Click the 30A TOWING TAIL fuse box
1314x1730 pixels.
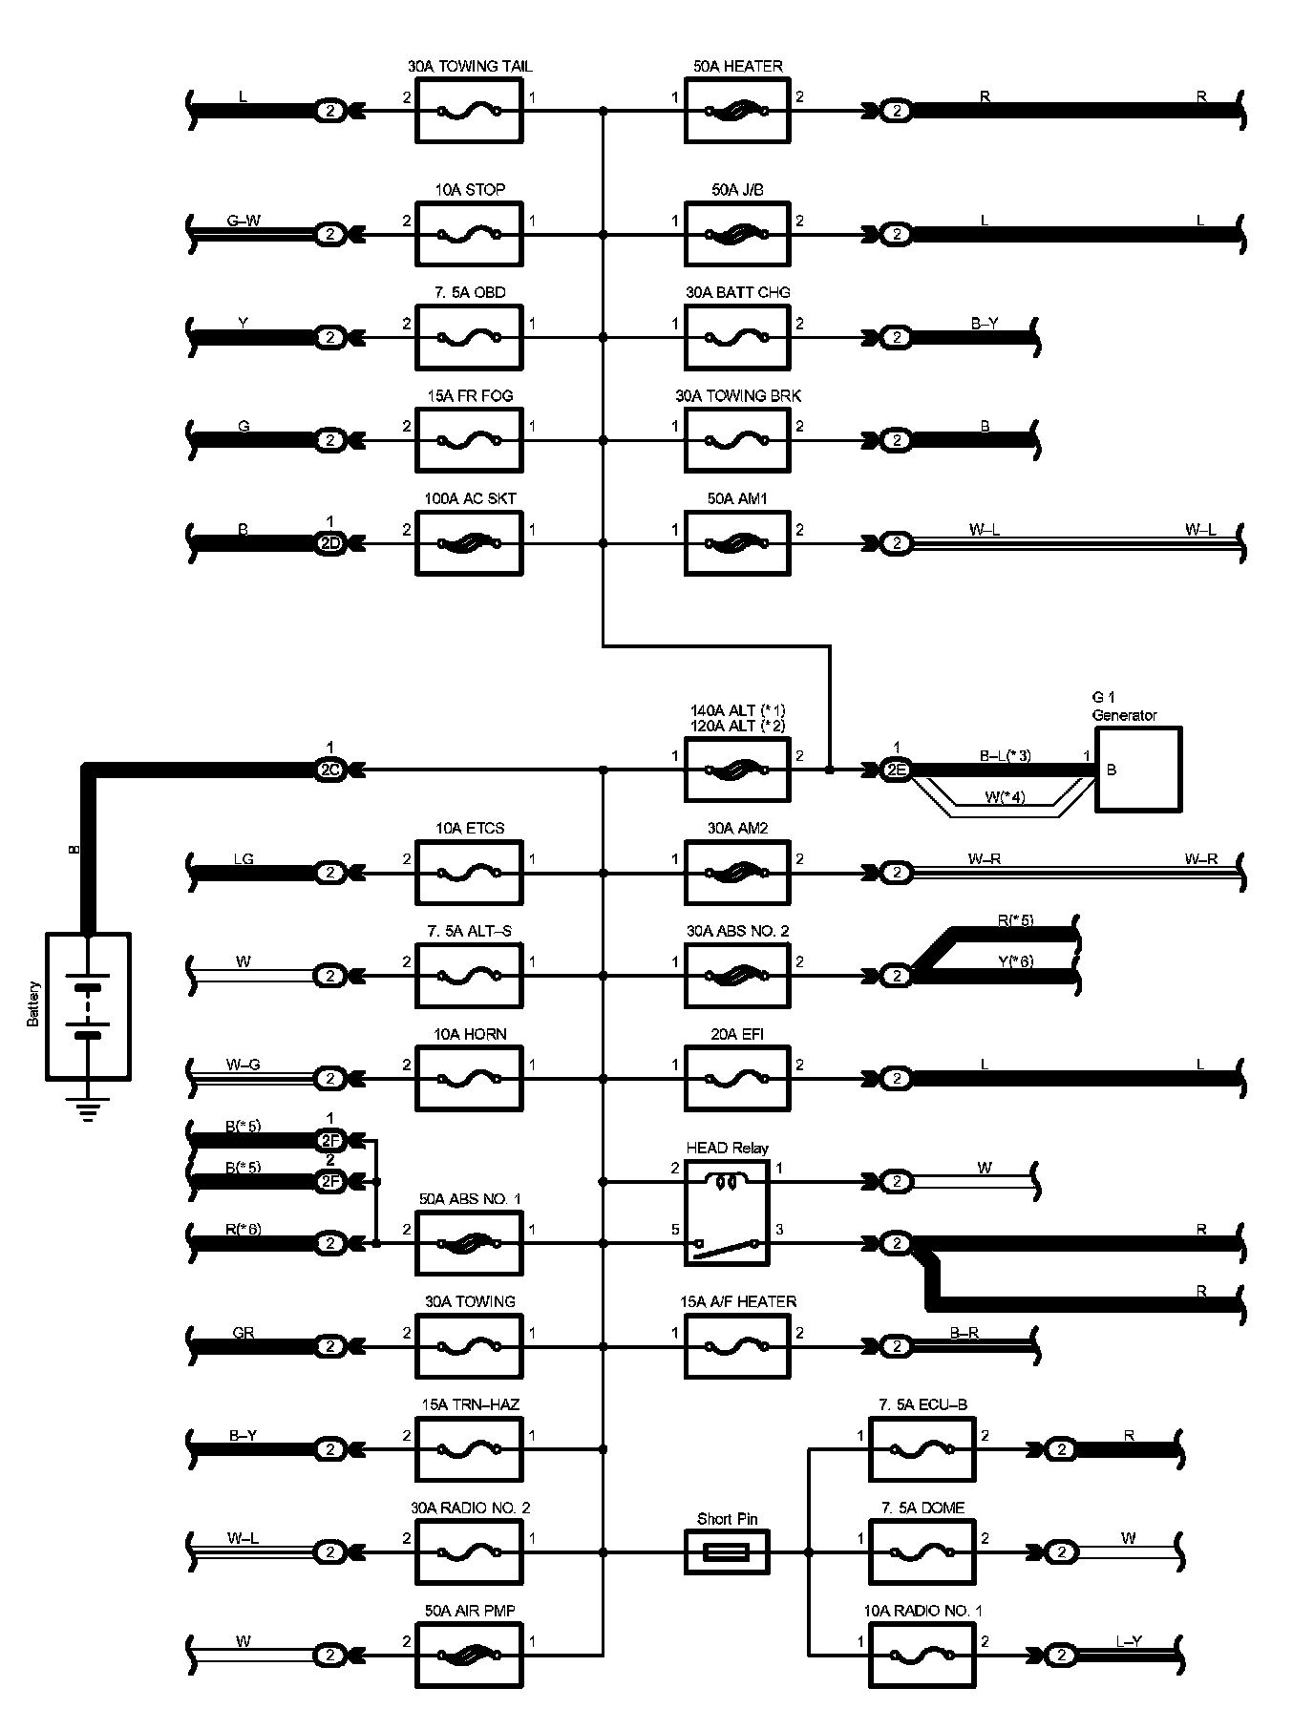pyautogui.click(x=469, y=111)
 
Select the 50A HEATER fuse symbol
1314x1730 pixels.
pyautogui.click(x=737, y=111)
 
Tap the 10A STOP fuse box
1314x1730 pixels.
pyautogui.click(x=469, y=234)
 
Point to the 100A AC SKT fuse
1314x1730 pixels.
pyautogui.click(x=469, y=543)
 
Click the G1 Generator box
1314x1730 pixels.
pyautogui.click(x=1137, y=770)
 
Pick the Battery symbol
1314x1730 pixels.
pyautogui.click(x=88, y=1006)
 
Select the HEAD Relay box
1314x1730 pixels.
pyautogui.click(x=727, y=1213)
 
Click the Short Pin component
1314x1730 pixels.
pyautogui.click(x=727, y=1552)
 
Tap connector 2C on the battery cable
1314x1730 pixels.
pyautogui.click(x=329, y=770)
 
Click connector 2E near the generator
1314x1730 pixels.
pyautogui.click(x=896, y=770)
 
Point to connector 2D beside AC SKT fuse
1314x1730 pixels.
pyautogui.click(x=329, y=543)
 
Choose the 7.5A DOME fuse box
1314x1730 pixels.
pyautogui.click(x=922, y=1552)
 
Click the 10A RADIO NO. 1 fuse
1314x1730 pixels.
pyautogui.click(x=922, y=1656)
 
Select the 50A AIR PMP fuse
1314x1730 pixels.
pyautogui.click(x=469, y=1656)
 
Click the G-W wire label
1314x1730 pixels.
pyautogui.click(x=244, y=222)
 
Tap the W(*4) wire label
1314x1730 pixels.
pyautogui.click(x=1004, y=797)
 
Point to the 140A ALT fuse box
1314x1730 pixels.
pyautogui.click(x=737, y=770)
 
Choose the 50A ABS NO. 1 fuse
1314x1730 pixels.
pyautogui.click(x=469, y=1243)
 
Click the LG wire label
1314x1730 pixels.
pyautogui.click(x=244, y=859)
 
